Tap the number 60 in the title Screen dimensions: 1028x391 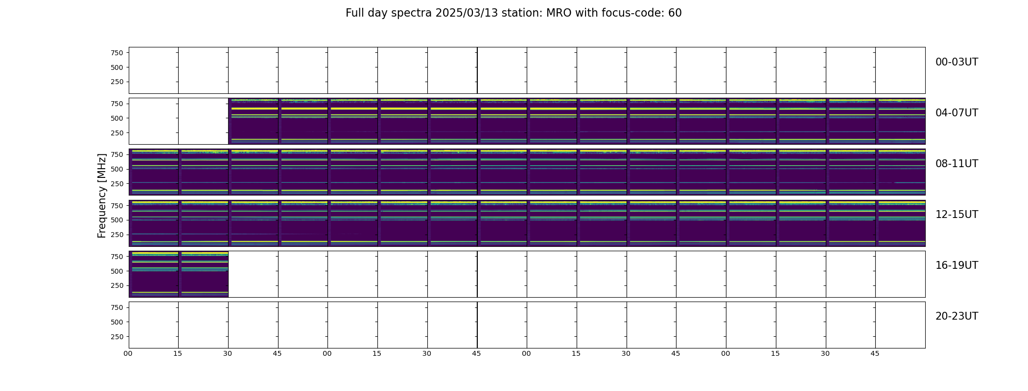[x=675, y=13]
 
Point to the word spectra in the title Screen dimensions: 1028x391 [x=410, y=14]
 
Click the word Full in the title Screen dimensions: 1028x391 [x=354, y=13]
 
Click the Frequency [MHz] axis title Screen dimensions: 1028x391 [x=102, y=195]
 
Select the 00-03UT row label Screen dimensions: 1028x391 [x=957, y=62]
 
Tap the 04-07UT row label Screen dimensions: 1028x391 [x=957, y=113]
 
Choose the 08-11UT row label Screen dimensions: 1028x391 [x=957, y=164]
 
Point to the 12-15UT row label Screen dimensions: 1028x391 [x=957, y=215]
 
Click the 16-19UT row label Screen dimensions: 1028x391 [x=957, y=265]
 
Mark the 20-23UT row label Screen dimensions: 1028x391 [x=957, y=316]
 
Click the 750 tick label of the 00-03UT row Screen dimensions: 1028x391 [x=117, y=53]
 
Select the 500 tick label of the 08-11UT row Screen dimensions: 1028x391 [x=117, y=169]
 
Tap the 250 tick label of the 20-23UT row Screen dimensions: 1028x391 [x=117, y=337]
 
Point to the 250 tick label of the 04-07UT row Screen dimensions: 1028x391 [x=117, y=133]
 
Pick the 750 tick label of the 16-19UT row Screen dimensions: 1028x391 [x=117, y=257]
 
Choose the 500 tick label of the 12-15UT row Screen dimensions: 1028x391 [x=117, y=220]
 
